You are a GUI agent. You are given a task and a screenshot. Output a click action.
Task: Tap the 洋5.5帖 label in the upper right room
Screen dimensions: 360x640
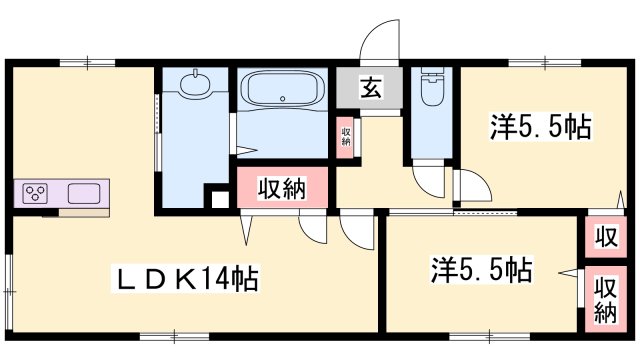[x=541, y=127]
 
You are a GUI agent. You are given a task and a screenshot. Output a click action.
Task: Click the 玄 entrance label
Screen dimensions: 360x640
[x=369, y=88]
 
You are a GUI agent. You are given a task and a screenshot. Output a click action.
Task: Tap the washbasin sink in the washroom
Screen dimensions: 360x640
[x=195, y=84]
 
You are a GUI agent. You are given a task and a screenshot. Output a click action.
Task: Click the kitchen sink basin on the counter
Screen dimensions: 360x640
[x=85, y=192]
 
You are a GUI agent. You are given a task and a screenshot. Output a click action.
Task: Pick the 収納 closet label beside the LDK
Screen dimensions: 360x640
[x=281, y=188]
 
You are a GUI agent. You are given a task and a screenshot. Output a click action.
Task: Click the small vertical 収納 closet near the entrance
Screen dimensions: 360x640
[x=345, y=136]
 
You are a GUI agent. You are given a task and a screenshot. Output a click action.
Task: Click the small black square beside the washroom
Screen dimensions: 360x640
[x=219, y=197]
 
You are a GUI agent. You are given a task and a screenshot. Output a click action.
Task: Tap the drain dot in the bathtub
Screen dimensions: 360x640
[x=284, y=98]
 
